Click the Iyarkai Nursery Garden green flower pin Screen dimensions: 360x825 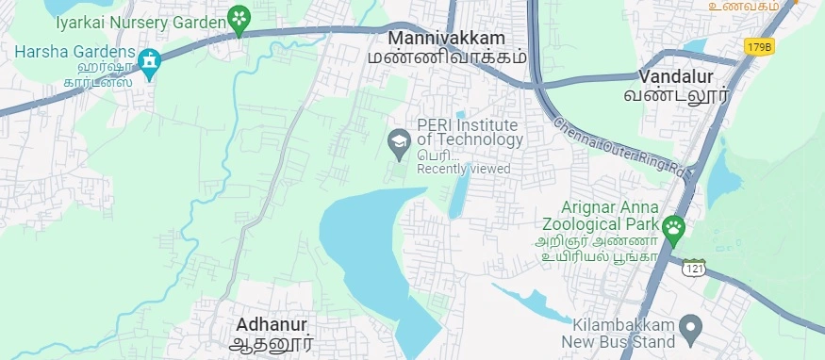click(239, 19)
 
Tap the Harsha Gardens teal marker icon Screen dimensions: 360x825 click(148, 61)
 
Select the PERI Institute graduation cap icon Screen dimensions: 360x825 click(399, 142)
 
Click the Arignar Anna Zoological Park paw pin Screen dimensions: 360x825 click(673, 227)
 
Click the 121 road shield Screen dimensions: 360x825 click(695, 268)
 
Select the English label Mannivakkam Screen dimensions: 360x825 click(447, 39)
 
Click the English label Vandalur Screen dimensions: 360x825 click(676, 75)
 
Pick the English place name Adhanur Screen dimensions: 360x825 click(272, 324)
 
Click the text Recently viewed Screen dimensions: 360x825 click(464, 169)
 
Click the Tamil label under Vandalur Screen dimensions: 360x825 click(677, 95)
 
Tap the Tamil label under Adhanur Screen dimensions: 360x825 click(272, 344)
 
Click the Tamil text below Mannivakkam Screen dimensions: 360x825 click(447, 57)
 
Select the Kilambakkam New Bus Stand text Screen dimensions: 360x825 click(619, 332)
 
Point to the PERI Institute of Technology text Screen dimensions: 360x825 click(470, 132)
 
